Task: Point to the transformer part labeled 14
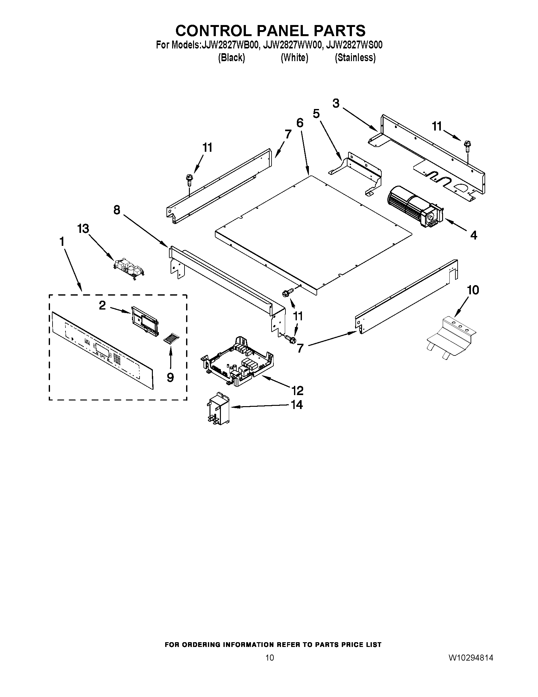coord(218,409)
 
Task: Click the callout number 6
coord(300,123)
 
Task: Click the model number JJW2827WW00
coord(292,45)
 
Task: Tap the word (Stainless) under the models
coord(355,58)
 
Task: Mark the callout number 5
coord(316,113)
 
